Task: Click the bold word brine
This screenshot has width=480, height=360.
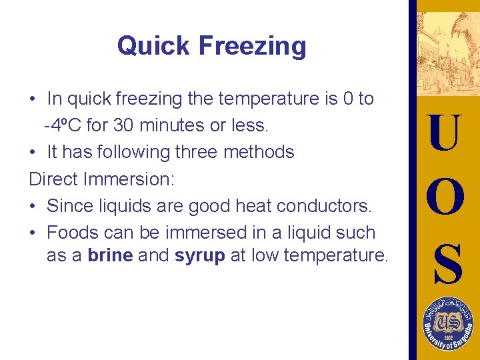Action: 110,255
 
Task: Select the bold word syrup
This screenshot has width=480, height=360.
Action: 200,255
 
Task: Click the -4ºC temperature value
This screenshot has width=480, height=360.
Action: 65,125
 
